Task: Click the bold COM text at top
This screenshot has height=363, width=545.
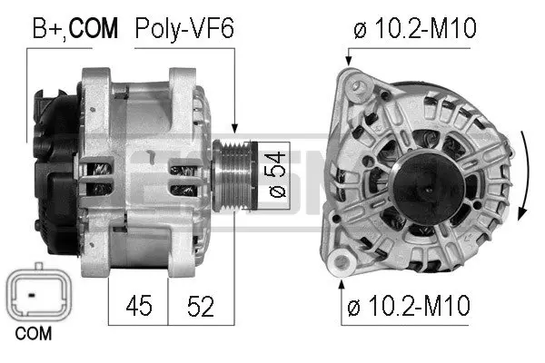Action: (x=94, y=29)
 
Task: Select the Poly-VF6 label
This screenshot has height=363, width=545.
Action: (x=183, y=29)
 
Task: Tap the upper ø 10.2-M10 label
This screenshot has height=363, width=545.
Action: (x=414, y=29)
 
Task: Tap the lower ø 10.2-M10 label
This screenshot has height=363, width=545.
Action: (x=411, y=306)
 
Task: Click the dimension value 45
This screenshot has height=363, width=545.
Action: (x=139, y=306)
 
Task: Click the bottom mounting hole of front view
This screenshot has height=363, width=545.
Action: (x=342, y=265)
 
